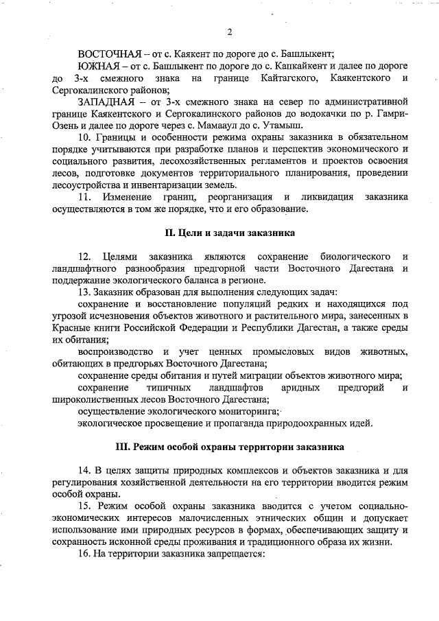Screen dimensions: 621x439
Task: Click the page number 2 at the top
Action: coord(230,32)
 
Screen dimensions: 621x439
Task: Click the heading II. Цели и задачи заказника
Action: coord(230,233)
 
